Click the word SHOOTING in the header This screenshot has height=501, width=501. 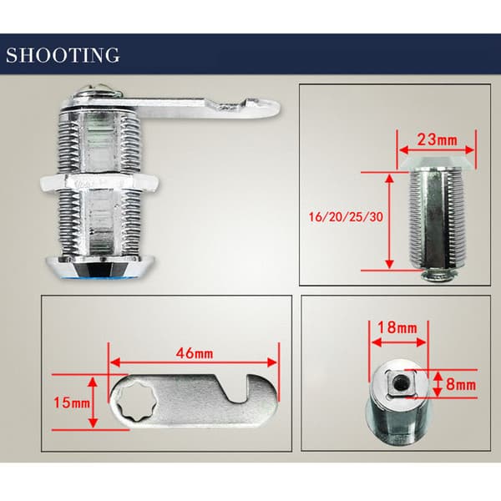pos(63,55)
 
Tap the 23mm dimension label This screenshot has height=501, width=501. pos(437,139)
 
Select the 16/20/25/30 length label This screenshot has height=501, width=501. pos(346,217)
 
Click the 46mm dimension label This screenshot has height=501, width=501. pos(195,353)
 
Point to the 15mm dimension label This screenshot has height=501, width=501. pos(72,402)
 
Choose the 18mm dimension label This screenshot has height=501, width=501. pos(397,328)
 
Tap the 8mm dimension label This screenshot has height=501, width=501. pos(461,384)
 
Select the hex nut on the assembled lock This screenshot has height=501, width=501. pos(99,183)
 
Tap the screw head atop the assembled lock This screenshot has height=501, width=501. pos(100,90)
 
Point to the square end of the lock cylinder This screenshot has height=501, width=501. pos(400,382)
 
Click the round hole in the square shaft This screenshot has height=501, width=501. pos(400,383)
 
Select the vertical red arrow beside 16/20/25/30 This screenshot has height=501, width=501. pos(389,222)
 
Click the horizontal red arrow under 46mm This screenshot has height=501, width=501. pos(194,362)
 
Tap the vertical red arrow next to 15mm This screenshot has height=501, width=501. pos(93,402)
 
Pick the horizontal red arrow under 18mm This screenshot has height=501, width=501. pos(399,342)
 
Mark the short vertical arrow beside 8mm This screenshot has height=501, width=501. pos(438,384)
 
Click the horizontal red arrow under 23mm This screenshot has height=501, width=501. pos(437,149)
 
